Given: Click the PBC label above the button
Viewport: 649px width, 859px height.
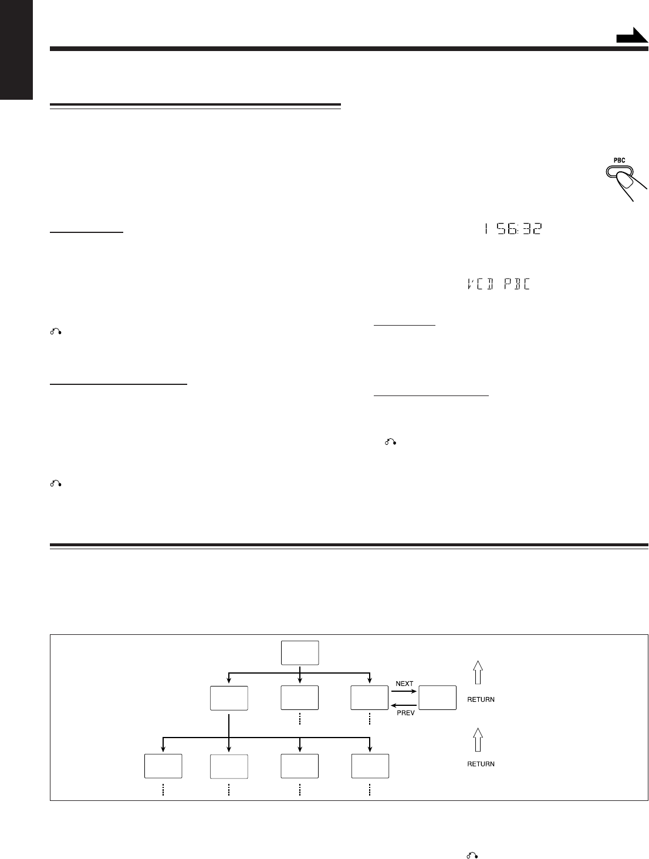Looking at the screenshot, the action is click(x=619, y=160).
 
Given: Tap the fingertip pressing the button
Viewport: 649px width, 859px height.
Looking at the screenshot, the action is click(x=631, y=188).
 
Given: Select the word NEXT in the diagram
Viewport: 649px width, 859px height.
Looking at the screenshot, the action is click(x=404, y=684).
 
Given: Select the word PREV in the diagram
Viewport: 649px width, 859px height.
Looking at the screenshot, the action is click(x=405, y=713).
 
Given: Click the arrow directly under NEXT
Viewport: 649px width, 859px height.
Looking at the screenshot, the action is click(x=404, y=691).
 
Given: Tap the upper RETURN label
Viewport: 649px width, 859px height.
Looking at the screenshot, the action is click(x=481, y=699).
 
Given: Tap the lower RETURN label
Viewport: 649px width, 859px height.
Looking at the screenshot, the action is click(x=481, y=764).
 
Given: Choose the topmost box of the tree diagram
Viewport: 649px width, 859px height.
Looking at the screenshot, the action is click(x=299, y=652).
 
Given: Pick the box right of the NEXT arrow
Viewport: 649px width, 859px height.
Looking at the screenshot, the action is click(x=438, y=697).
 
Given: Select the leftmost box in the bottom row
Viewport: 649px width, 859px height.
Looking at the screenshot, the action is click(x=163, y=766).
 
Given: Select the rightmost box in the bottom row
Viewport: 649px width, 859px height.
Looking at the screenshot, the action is click(x=370, y=766).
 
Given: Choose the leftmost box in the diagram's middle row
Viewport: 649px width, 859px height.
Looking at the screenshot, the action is click(x=229, y=697).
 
